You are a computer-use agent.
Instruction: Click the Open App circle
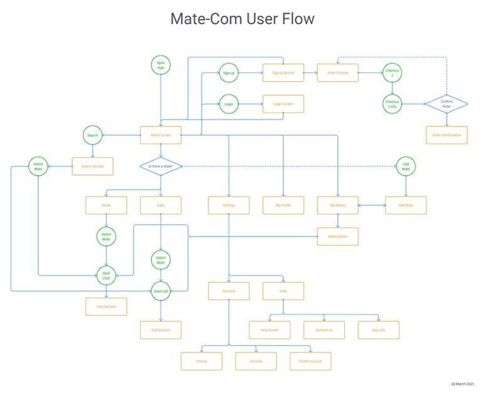click(161, 65)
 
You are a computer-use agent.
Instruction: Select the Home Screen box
click(161, 135)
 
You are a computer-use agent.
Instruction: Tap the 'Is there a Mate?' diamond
click(161, 167)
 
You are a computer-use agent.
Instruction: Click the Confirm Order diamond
click(447, 103)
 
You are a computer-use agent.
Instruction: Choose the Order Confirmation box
click(447, 135)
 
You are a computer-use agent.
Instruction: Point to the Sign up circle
click(229, 74)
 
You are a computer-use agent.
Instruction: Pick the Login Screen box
click(283, 104)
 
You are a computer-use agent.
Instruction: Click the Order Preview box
click(337, 73)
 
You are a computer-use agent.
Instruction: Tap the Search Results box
click(93, 166)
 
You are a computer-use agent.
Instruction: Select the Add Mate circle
click(406, 166)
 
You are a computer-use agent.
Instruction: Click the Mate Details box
click(337, 237)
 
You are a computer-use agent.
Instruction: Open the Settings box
click(229, 205)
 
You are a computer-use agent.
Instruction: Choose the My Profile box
click(283, 205)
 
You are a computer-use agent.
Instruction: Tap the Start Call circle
click(161, 291)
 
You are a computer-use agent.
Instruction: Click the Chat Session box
click(106, 306)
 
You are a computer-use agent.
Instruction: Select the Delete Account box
click(310, 361)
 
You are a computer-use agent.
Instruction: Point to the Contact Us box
click(324, 330)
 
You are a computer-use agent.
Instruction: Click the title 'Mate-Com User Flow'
click(242, 20)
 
